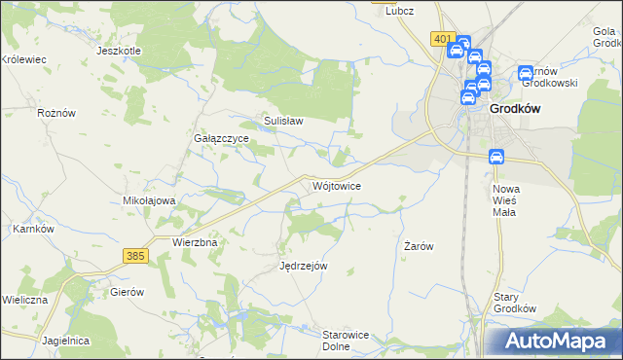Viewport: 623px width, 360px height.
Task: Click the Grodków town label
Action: [516, 110]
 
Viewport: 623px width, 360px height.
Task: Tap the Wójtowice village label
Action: [337, 185]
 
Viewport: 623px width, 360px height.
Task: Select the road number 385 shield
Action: [135, 255]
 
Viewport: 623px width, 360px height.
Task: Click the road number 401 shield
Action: [443, 39]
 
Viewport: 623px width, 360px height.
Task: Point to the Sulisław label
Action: [284, 122]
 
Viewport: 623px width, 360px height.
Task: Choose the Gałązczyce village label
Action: [221, 139]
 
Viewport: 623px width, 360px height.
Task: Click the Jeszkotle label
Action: [120, 51]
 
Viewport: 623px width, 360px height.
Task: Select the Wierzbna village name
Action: [193, 241]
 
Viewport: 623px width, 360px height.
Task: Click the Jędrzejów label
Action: [303, 266]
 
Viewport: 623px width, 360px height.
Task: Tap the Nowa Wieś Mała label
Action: [506, 199]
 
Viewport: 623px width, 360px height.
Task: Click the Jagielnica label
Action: [66, 341]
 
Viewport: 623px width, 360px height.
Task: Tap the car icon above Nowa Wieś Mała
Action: [495, 157]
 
